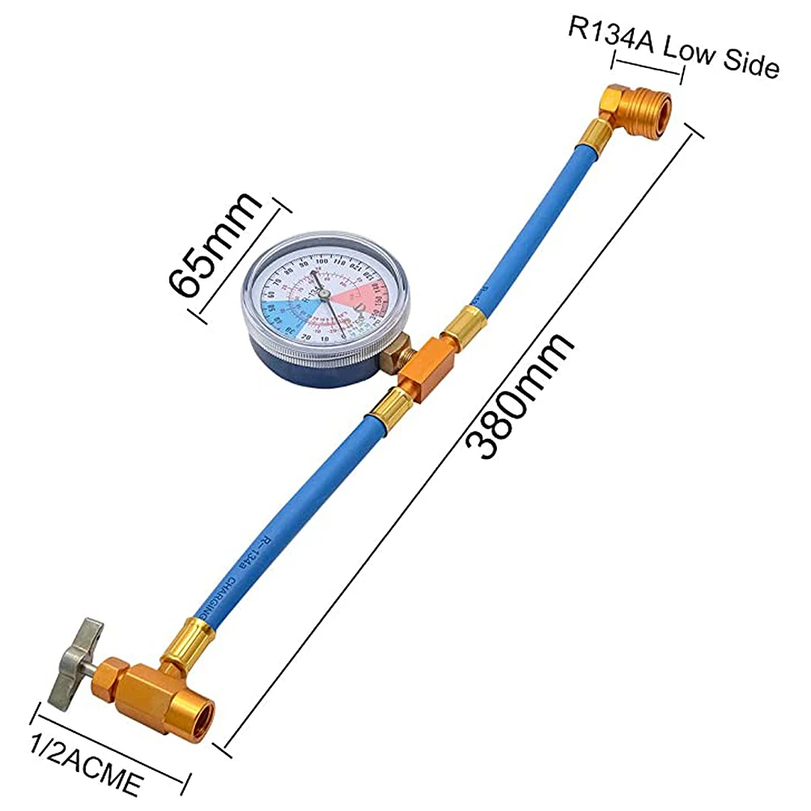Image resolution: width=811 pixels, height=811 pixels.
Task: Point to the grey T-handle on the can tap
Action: [x=76, y=660]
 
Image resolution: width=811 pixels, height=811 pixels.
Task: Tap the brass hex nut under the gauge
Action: [x=396, y=356]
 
